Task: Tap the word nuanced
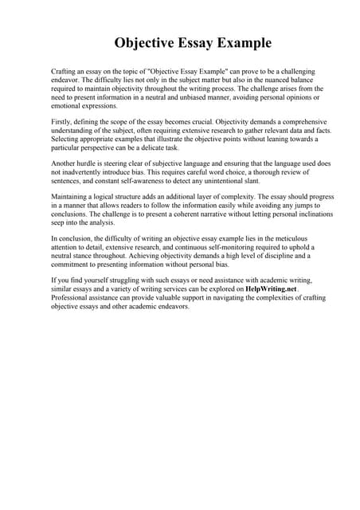coord(270,80)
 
